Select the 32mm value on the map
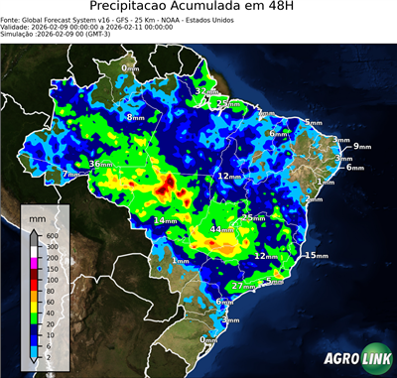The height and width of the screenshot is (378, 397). coord(205,91)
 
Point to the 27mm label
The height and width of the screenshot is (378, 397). coord(243,286)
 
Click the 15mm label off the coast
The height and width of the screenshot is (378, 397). coord(315,255)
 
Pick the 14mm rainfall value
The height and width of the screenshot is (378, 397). coord(165,219)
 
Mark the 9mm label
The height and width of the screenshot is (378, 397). coord(361,147)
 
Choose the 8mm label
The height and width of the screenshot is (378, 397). coord(134,117)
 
